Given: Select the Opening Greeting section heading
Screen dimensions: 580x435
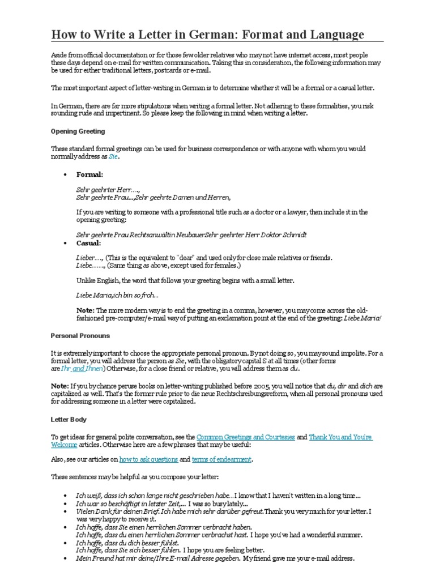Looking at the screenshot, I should point(78,131).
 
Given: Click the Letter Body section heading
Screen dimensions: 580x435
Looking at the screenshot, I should point(69,420).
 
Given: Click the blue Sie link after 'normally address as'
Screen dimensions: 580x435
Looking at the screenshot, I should point(113,156).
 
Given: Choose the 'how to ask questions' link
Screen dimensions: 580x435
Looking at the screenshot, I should point(148,459).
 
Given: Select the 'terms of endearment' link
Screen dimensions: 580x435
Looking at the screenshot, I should point(221,459).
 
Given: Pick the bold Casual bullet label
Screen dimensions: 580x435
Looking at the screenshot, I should point(88,243).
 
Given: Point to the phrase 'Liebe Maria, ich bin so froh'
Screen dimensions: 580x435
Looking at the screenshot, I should point(117,295).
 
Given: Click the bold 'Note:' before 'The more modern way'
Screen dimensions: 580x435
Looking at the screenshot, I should point(86,310).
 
